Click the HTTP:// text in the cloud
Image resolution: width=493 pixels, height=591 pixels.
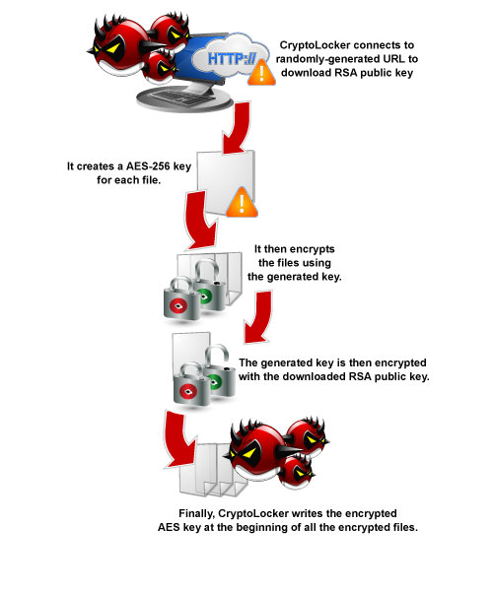[232, 59]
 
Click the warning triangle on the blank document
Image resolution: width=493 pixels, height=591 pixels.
[242, 203]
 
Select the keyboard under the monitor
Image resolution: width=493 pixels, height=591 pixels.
[181, 98]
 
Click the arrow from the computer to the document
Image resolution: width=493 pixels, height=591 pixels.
[237, 127]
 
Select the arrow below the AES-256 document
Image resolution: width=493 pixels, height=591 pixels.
[201, 221]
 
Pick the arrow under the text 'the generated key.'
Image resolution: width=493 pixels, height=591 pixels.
[258, 316]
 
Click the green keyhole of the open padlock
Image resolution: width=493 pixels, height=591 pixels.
[215, 381]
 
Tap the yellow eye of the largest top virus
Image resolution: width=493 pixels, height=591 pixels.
[114, 48]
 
